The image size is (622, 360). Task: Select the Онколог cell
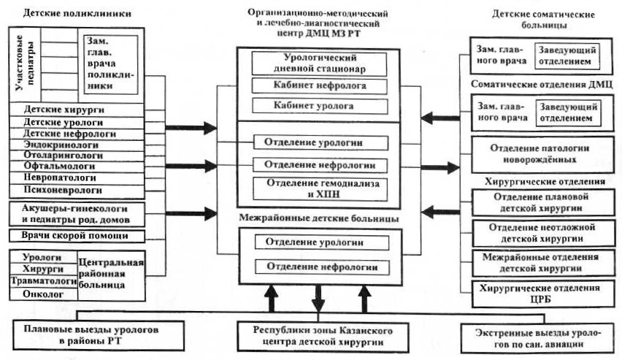coord(42,294)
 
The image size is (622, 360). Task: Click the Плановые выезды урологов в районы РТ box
coord(91,334)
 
